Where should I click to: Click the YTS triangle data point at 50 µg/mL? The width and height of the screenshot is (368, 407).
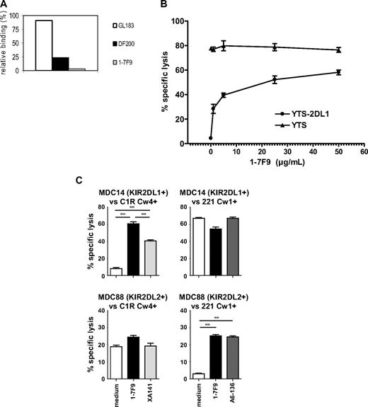(338, 50)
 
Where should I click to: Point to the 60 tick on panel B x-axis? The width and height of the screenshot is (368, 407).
(364, 151)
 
